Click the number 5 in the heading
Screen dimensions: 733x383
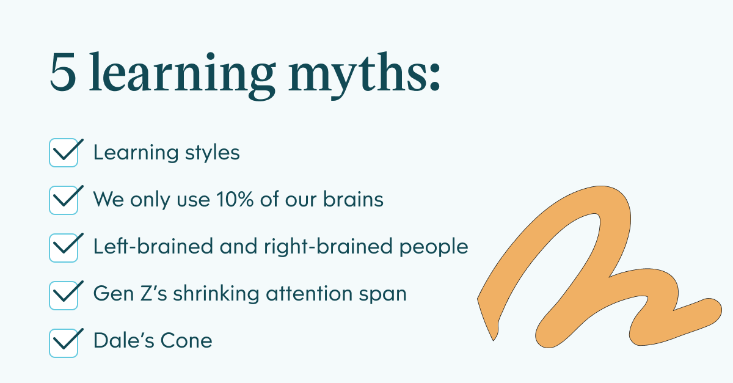tap(63, 71)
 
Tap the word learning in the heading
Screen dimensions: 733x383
tap(182, 75)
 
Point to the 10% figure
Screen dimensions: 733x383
tap(235, 199)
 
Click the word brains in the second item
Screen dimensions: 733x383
tap(353, 199)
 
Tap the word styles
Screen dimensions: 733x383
tap(213, 153)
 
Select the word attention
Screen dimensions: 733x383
tap(309, 294)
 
